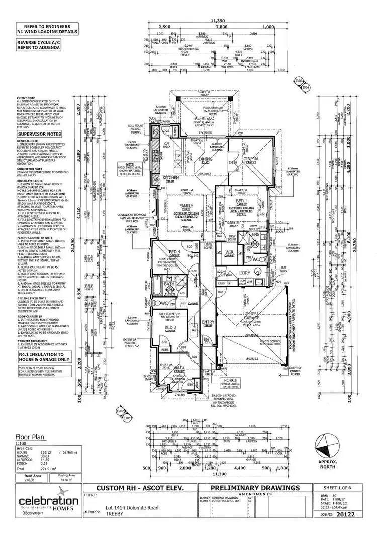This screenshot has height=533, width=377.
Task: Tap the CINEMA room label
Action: (251, 159)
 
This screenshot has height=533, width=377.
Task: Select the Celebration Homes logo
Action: (48, 505)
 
